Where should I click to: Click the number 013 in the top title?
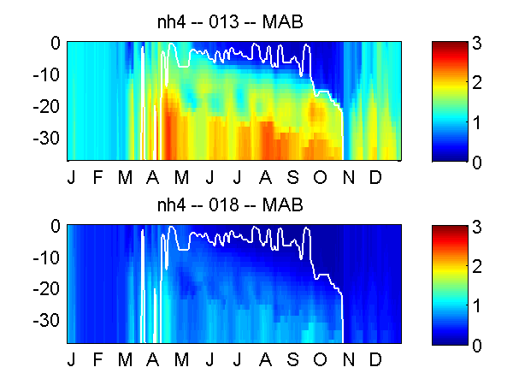[x=224, y=22]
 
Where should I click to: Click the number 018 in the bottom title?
[x=224, y=205]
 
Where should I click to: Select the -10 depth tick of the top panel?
[x=46, y=75]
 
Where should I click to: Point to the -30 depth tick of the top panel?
[x=46, y=138]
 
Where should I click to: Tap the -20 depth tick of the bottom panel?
[x=46, y=289]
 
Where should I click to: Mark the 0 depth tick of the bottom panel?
[x=56, y=226]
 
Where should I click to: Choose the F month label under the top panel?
[x=97, y=177]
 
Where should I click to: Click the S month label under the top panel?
[x=292, y=177]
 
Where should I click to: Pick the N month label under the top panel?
[x=349, y=177]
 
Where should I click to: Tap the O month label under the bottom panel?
[x=320, y=360]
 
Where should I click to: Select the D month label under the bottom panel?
[x=375, y=360]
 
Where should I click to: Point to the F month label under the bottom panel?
[x=97, y=360]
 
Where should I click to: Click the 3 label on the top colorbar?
[x=477, y=43]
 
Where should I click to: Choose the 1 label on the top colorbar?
[x=477, y=122]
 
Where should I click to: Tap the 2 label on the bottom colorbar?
[x=477, y=266]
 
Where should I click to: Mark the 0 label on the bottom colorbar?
[x=477, y=346]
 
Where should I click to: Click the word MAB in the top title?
[x=283, y=22]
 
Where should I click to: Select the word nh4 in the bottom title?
[x=172, y=205]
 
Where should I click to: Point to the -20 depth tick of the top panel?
[x=46, y=106]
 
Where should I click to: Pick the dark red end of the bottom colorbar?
[x=450, y=228]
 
